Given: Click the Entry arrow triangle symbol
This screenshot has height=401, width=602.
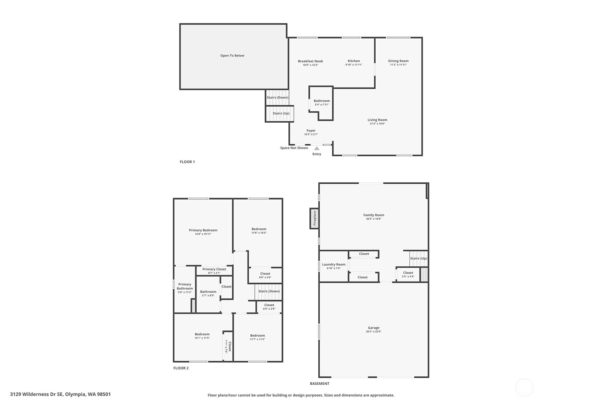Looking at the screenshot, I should [x=317, y=148].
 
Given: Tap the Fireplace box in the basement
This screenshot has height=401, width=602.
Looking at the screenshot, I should [x=314, y=218].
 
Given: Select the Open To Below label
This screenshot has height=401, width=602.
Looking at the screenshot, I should [x=232, y=56].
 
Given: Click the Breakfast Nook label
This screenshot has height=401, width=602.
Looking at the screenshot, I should [x=310, y=61].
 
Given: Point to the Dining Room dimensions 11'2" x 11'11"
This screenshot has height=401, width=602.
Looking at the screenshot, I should [x=398, y=65].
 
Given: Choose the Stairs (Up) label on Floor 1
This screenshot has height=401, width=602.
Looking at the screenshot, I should [x=281, y=113].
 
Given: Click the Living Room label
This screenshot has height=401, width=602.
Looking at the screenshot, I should [x=377, y=120].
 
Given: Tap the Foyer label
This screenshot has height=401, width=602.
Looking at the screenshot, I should [x=311, y=130].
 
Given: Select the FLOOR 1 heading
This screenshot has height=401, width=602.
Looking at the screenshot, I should [x=187, y=162].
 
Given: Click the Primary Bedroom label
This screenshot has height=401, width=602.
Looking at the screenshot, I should [x=203, y=230].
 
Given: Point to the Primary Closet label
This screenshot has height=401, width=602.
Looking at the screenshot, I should [x=214, y=269].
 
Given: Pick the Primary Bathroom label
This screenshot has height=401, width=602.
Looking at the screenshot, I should [x=185, y=286].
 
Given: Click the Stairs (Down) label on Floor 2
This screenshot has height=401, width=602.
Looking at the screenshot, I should [x=269, y=291].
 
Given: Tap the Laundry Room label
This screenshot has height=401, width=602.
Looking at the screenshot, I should [x=333, y=264].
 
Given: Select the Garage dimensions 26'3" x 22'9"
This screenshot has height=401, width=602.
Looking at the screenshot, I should [x=374, y=332].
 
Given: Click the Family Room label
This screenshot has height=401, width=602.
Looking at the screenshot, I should [x=374, y=215].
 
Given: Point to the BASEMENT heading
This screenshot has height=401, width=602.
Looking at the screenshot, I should [x=320, y=384].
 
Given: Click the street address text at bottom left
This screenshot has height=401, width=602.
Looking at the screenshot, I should [x=60, y=394].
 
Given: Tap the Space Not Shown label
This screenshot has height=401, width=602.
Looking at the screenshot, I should [x=294, y=148].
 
